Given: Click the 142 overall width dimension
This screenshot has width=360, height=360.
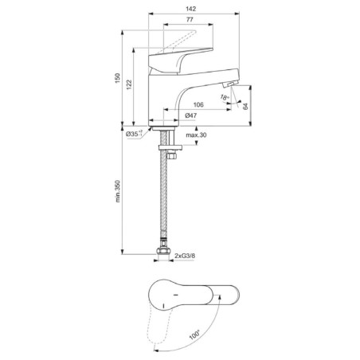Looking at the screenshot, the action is [x=190, y=9].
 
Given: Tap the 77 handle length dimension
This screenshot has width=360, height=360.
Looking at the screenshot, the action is [x=190, y=20].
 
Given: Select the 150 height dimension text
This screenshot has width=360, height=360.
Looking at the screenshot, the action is [x=117, y=78].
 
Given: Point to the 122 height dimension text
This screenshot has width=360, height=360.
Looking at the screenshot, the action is [x=129, y=84].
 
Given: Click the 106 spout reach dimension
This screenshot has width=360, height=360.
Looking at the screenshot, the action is [x=198, y=104].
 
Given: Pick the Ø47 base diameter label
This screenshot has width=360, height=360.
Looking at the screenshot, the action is [x=191, y=115].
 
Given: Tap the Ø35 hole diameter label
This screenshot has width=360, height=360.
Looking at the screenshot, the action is [x=134, y=134].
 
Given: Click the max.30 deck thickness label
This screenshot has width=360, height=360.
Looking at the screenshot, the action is [x=196, y=135].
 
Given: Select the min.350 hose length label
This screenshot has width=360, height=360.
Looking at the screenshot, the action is [x=118, y=191].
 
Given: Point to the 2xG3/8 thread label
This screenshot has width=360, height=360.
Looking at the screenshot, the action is [x=185, y=256].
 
